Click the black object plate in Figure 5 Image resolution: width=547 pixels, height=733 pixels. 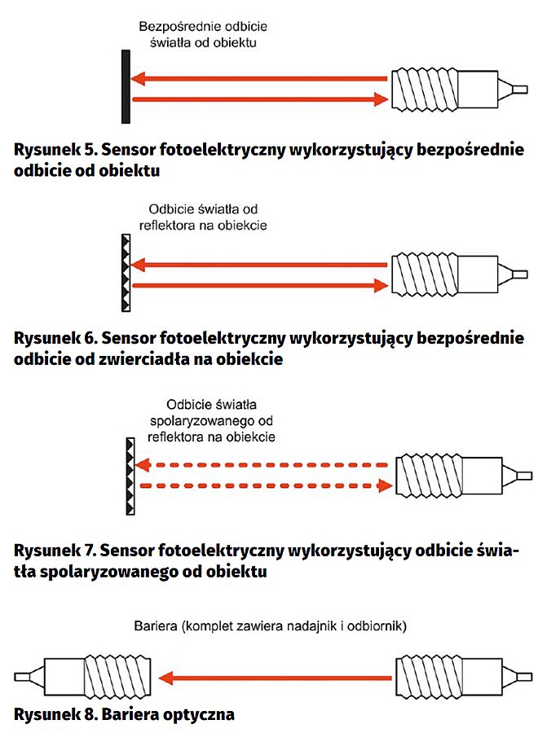click(x=126, y=86)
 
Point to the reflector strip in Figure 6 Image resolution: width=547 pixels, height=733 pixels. click(x=126, y=273)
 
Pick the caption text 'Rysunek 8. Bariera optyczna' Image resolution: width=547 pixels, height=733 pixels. click(x=125, y=713)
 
